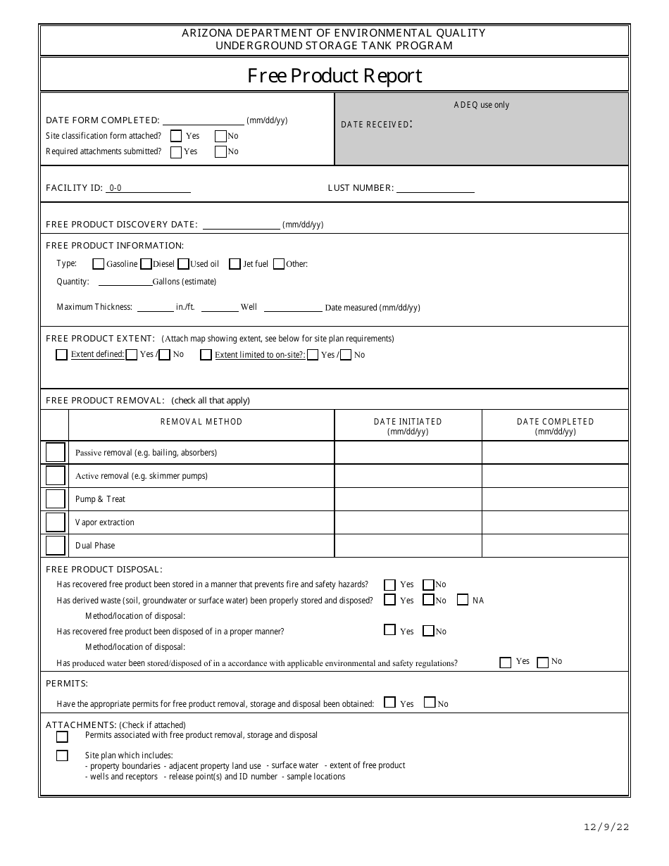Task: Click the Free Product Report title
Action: [334, 75]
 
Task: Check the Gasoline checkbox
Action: [99, 264]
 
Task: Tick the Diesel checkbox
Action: [146, 264]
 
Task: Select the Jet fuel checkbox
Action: [235, 264]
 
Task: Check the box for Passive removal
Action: [55, 453]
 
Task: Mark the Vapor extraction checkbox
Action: [55, 522]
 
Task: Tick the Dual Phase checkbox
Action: [55, 546]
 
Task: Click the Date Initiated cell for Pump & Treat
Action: [408, 499]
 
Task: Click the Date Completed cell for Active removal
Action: [555, 476]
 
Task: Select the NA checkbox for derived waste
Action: [463, 600]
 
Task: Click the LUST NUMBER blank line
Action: [435, 188]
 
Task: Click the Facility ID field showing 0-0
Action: [148, 188]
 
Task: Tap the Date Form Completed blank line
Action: [203, 120]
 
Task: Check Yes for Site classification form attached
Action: [176, 136]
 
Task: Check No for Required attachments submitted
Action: [220, 151]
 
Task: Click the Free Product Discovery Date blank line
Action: [241, 225]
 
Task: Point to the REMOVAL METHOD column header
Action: [201, 422]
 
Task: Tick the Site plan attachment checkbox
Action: [62, 755]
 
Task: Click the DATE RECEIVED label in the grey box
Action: [375, 125]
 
